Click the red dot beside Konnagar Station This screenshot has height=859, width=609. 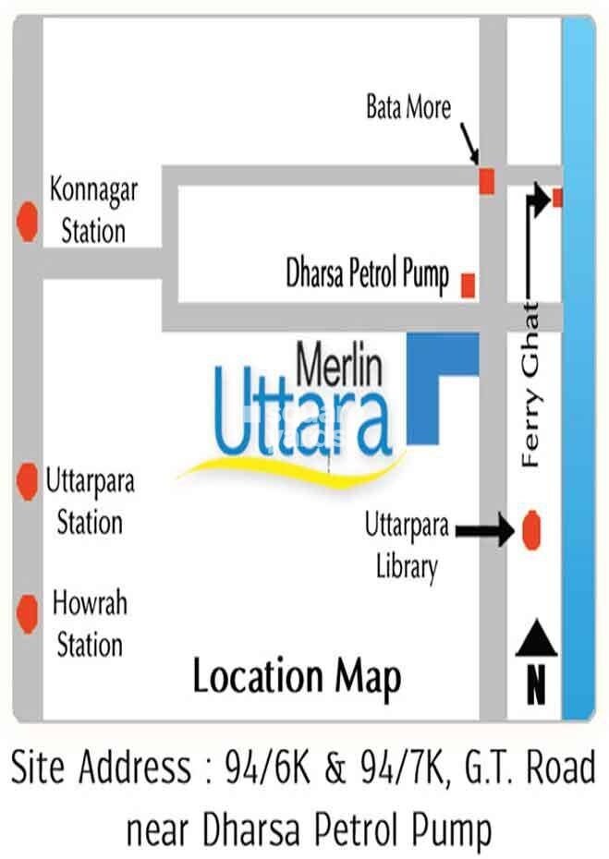point(28,223)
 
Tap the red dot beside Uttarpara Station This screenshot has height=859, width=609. point(28,479)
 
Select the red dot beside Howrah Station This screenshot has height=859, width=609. point(28,610)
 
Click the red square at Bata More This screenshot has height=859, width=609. point(487,181)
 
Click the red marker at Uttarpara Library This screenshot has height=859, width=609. point(530,529)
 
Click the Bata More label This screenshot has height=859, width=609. point(408,108)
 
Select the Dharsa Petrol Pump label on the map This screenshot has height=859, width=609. point(368,275)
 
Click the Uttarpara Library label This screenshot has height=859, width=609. point(407,547)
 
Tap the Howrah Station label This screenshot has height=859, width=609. point(90,623)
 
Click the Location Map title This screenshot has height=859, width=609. point(297,677)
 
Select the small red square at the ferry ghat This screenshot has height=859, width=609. point(557,196)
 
